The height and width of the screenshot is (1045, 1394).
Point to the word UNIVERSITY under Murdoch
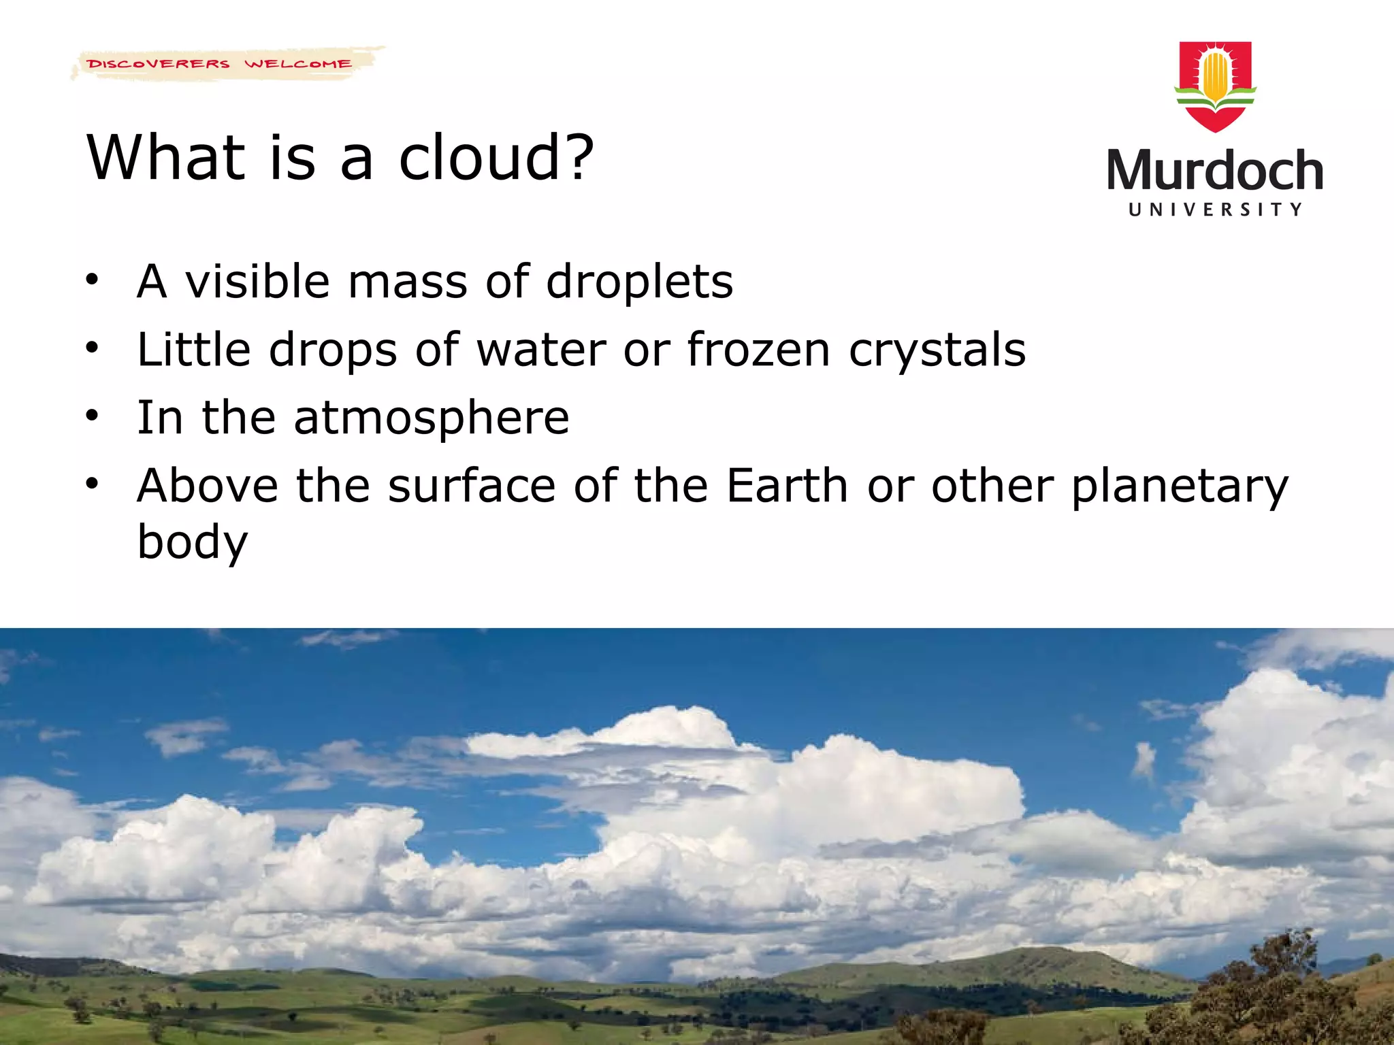(1215, 210)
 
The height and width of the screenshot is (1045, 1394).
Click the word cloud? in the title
(496, 158)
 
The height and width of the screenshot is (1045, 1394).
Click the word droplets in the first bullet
(639, 282)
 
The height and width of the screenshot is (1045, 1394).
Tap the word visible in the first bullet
(258, 282)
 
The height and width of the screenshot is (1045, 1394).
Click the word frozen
(758, 350)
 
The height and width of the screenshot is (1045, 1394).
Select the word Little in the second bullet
(194, 350)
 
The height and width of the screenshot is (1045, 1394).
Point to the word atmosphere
(431, 418)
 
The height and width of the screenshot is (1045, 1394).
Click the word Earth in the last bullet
(787, 486)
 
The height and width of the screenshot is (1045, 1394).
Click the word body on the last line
(193, 542)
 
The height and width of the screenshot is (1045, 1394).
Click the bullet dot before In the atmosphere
(93, 415)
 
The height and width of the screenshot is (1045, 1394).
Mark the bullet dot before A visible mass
(93, 279)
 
